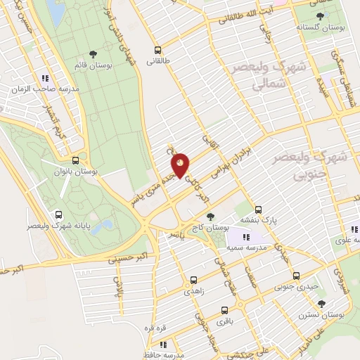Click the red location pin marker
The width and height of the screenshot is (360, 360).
[181, 165]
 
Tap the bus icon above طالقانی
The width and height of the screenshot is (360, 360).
[157, 50]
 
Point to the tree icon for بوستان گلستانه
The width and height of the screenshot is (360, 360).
[321, 15]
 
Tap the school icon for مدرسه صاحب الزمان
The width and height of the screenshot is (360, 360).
[44, 79]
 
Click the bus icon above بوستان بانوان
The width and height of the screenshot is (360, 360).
[75, 160]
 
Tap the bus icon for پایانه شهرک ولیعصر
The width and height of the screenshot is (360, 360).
[58, 215]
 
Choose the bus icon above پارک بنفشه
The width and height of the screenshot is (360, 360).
[258, 210]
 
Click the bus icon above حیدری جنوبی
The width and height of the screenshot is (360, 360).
[296, 276]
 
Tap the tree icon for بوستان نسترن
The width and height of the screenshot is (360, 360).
[321, 304]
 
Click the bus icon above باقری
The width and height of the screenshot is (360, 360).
[224, 310]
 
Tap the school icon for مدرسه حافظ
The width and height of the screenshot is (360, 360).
[164, 345]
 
